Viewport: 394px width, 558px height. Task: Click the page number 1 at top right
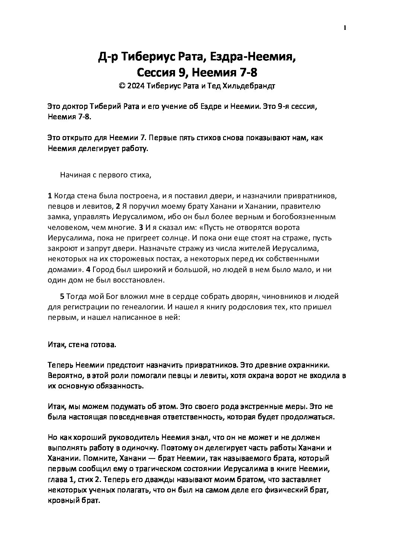[x=345, y=27]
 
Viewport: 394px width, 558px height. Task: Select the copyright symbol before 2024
[x=121, y=86]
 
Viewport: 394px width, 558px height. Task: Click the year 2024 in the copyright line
[x=135, y=86]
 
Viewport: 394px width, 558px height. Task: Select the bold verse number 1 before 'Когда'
[x=50, y=196]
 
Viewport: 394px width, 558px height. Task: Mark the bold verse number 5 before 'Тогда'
[x=62, y=297]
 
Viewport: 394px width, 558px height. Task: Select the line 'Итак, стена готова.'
[x=82, y=345]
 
